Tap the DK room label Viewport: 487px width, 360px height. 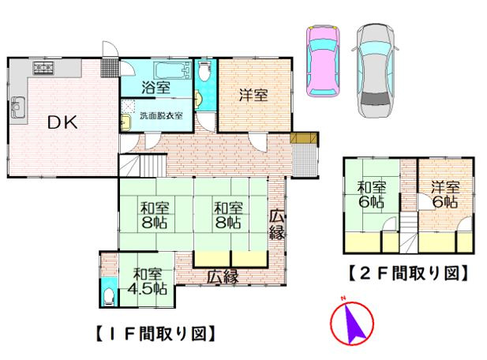click(60, 122)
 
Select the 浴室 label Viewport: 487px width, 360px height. click(155, 88)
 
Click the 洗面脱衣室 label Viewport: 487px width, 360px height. click(161, 115)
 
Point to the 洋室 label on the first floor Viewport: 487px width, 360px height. click(253, 95)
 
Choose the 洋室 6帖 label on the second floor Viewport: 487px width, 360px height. click(445, 193)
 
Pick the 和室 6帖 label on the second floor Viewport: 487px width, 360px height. click(371, 193)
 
